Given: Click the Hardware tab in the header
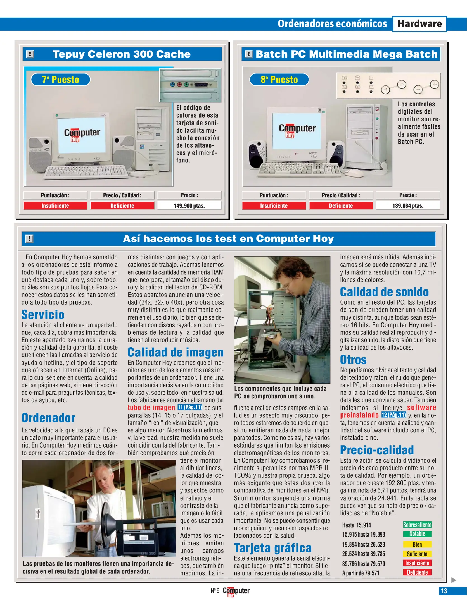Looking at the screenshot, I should pos(419,24).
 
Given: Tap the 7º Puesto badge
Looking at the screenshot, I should pos(60,80).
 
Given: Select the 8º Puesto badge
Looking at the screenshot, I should pos(279,80).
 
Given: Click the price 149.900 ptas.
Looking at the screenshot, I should pos(189,206).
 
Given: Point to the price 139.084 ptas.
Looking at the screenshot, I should pos(408,206).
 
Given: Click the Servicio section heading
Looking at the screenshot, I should pos(43,315).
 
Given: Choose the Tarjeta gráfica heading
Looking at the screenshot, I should pos(272,548).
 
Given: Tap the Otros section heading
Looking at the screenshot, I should pos(353,360).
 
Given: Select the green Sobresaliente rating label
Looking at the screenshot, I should pos(417,525).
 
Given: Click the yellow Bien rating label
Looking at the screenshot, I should pos(417,544).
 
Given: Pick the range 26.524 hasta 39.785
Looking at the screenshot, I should pos(363,554).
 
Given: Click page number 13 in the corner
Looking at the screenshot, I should pos(444,591).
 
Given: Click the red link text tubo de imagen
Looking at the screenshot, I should pos(151,408).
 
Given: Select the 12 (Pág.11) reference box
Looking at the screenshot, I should pos(393,415).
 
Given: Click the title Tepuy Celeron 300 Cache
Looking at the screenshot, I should pos(122,54).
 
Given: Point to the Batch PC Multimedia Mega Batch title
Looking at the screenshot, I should pos(347,54).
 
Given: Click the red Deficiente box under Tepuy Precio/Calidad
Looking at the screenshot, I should pos(122,206).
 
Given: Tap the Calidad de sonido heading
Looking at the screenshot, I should pos(384,292).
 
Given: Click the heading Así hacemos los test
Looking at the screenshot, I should pos(228,239).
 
